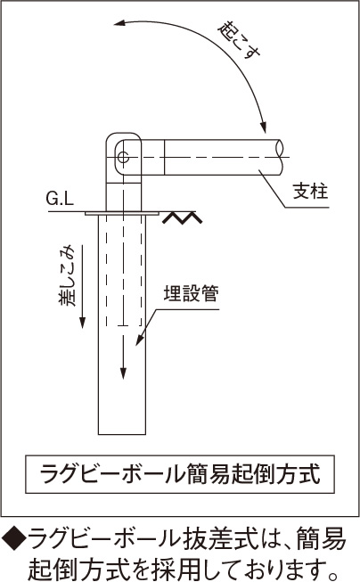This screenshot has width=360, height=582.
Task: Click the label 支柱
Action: click(310, 192)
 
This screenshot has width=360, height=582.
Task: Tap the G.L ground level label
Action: click(60, 200)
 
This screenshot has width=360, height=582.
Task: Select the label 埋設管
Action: click(191, 293)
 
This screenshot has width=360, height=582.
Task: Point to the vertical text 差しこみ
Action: click(67, 275)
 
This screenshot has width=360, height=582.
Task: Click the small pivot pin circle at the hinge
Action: click(123, 157)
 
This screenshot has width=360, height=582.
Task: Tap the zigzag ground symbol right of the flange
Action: click(182, 217)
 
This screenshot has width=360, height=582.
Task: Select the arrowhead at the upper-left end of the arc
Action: click(120, 24)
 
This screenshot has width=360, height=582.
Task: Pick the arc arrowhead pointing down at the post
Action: click(263, 127)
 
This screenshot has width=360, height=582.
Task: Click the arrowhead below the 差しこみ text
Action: click(82, 322)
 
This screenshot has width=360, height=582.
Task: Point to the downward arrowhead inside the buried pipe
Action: click(123, 373)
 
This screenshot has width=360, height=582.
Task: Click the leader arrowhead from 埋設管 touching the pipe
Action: click(139, 340)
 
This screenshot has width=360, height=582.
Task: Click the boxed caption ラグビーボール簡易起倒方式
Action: click(180, 474)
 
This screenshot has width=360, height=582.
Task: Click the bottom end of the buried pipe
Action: click(122, 434)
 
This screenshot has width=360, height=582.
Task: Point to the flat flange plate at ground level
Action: click(122, 214)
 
